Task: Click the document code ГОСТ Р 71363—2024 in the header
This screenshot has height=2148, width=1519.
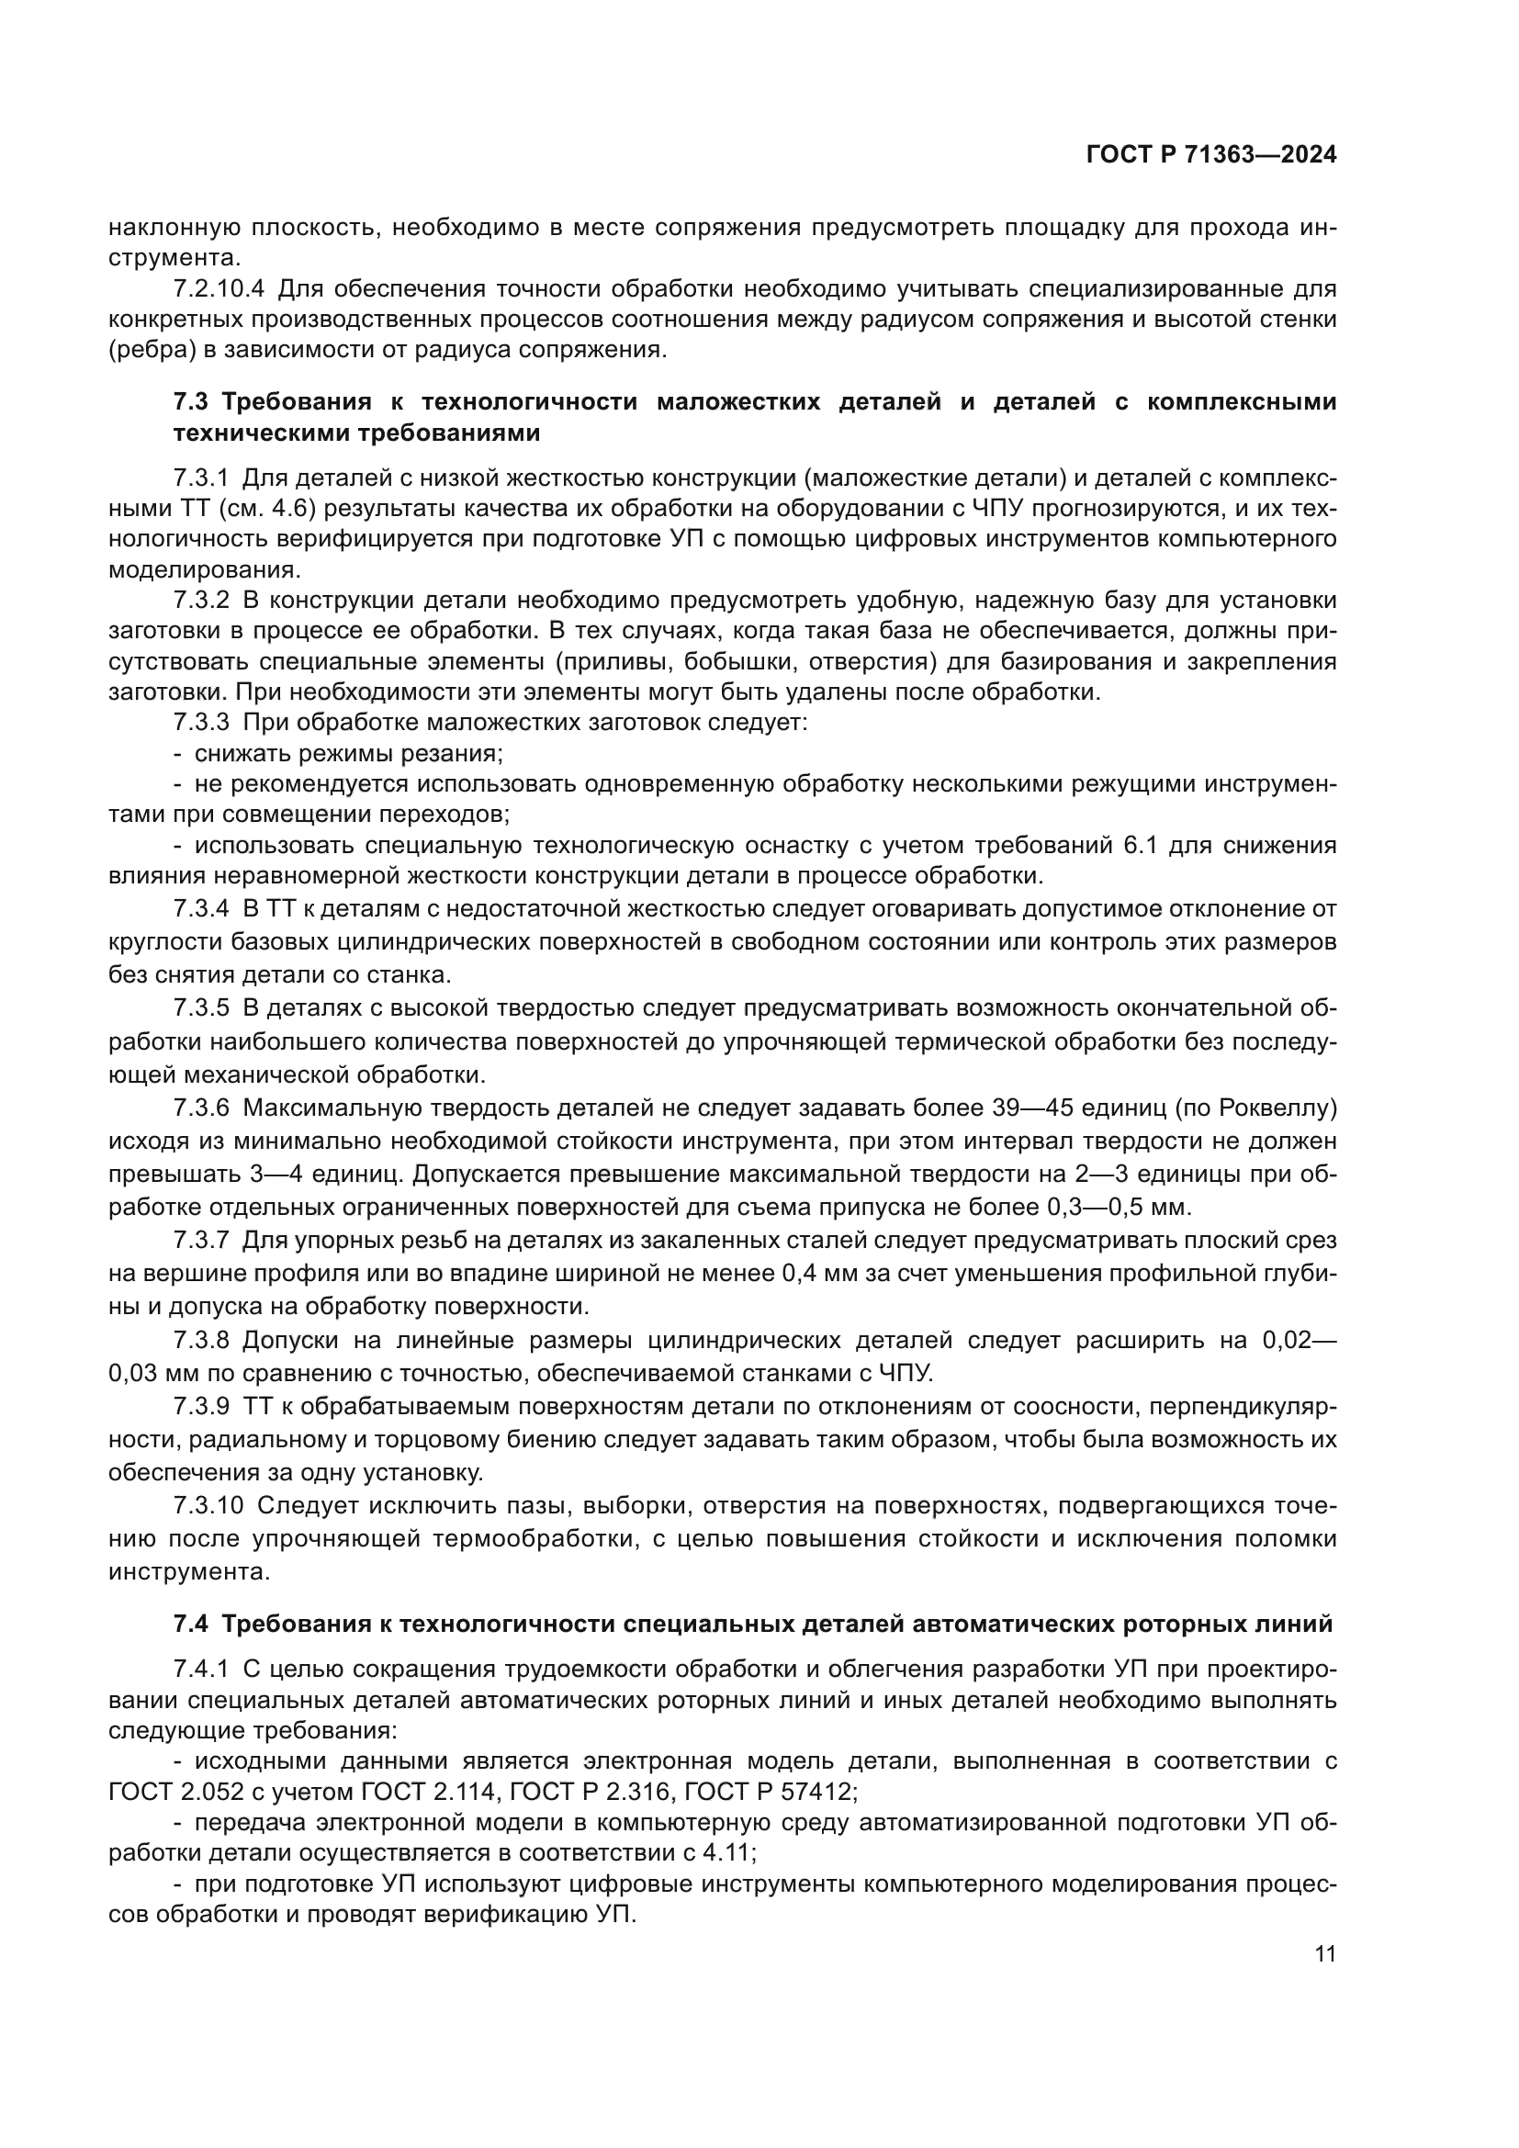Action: click(1210, 155)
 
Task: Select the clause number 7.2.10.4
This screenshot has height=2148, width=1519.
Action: click(219, 288)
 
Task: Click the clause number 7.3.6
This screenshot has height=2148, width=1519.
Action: click(201, 1108)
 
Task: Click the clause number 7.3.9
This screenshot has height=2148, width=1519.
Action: click(201, 1407)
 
